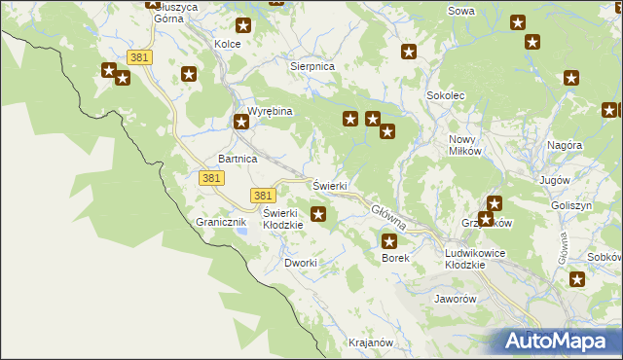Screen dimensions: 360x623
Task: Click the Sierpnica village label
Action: point(312,65)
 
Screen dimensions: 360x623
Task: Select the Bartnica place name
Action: point(238,158)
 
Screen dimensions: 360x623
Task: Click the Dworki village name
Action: point(300,263)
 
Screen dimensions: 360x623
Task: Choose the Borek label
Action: point(395,258)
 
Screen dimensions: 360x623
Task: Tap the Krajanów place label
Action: point(370,342)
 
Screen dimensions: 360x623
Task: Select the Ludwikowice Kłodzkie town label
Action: point(474,259)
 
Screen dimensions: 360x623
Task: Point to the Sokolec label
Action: point(445,96)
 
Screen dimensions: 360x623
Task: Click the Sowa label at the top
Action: point(460,11)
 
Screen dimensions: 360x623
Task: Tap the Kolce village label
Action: point(227,45)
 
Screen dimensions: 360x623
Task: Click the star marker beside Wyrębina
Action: point(240,123)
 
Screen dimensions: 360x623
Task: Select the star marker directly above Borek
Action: point(390,241)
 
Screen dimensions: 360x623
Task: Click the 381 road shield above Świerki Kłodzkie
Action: point(260,195)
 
